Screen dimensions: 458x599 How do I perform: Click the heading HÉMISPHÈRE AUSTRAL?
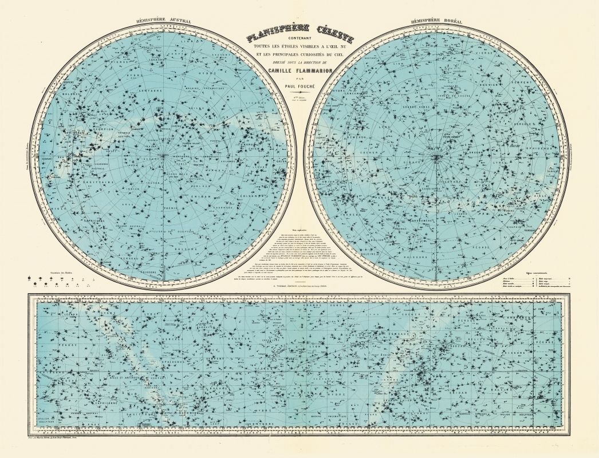pos(163,21)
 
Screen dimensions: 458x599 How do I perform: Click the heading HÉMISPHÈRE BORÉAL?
pos(432,21)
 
